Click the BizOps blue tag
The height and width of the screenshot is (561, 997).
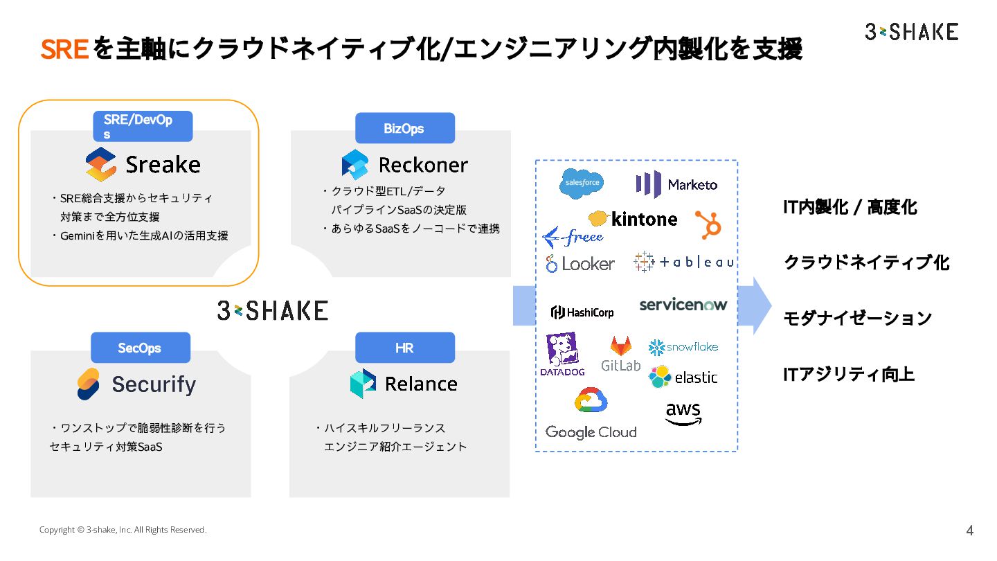404,128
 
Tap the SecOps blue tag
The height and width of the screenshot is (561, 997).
140,348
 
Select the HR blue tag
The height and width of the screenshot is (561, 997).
404,348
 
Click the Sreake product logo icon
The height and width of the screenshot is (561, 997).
100,165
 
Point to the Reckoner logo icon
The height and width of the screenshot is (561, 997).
355,165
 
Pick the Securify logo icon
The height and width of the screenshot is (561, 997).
88,384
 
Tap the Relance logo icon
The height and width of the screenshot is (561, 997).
363,384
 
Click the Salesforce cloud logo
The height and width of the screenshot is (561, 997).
581,184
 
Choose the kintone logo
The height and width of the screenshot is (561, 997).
633,219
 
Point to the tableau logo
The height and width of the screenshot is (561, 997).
683,262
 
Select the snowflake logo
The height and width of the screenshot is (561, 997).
683,347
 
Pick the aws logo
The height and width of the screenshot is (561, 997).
683,413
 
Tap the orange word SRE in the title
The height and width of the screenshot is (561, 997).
64,50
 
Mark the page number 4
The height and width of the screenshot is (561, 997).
969,531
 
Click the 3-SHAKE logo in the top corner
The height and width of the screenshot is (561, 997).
911,32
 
